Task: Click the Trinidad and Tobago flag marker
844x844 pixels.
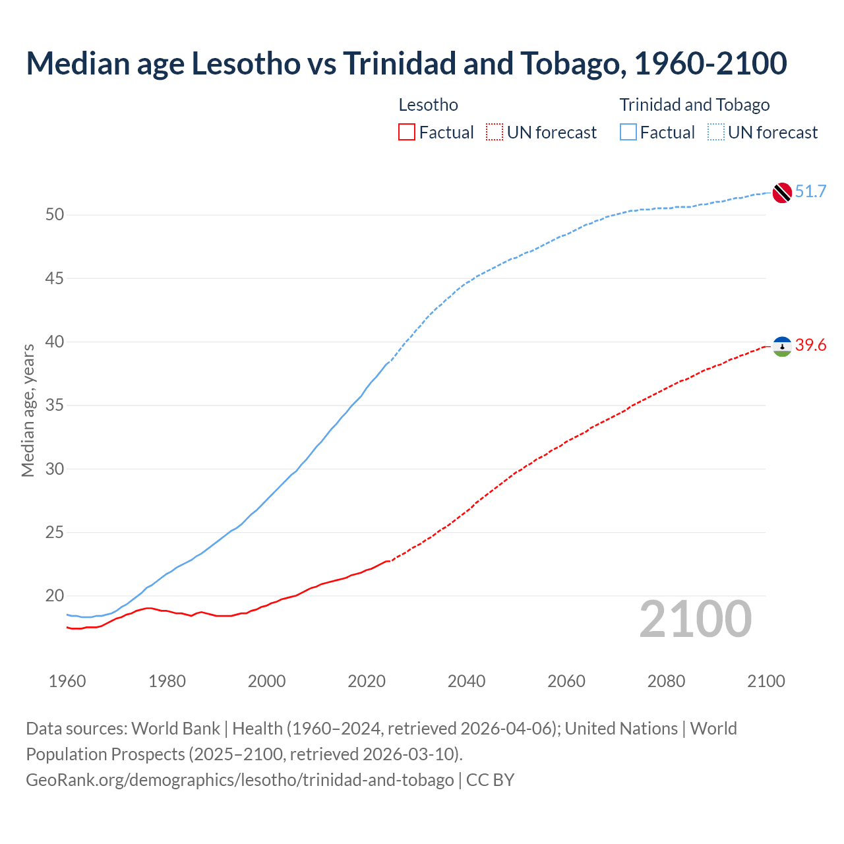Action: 781,193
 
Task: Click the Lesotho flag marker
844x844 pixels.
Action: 782,346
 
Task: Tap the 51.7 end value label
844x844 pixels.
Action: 810,192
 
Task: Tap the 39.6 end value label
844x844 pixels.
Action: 810,346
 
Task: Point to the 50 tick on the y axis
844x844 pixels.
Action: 55,215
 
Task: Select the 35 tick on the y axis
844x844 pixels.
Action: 55,406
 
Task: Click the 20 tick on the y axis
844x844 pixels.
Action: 55,596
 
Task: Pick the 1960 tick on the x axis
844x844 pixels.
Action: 67,681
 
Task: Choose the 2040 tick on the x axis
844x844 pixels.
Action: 466,681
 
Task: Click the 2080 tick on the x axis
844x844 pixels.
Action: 666,681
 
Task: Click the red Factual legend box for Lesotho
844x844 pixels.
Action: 407,133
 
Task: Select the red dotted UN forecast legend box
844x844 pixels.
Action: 495,133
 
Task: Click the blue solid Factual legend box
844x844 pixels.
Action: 628,133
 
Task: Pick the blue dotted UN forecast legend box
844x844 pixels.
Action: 715,133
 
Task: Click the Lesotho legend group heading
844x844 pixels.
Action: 428,105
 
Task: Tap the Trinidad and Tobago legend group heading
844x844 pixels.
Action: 694,105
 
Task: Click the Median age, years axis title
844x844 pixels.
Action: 28,410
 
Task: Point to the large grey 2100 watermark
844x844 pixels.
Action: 696,619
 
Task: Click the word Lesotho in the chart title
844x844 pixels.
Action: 246,63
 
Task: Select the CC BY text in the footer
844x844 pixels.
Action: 490,780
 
